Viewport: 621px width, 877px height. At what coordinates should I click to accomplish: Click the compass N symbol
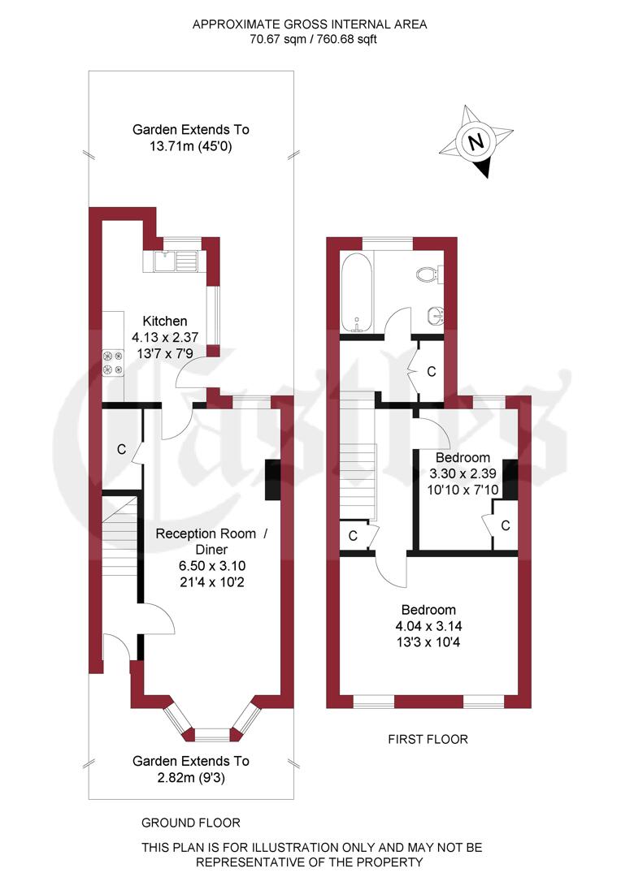click(477, 141)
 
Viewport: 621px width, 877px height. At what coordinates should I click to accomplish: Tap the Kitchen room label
click(165, 321)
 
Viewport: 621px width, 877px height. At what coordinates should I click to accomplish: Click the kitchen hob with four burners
click(113, 362)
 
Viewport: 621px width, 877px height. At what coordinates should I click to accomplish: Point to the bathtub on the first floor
click(357, 292)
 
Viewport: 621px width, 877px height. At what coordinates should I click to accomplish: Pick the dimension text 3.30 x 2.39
click(462, 473)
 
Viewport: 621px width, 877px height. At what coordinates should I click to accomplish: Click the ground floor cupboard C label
click(121, 449)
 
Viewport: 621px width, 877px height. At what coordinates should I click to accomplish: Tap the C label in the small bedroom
click(505, 526)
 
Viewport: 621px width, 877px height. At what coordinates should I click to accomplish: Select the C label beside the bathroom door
click(432, 372)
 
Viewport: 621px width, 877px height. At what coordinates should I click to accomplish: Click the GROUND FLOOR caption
click(191, 823)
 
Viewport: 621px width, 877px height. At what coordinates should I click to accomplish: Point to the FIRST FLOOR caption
click(428, 739)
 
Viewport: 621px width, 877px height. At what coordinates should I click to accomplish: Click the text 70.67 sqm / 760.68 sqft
click(309, 39)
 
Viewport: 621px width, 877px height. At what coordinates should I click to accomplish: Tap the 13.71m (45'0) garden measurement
click(191, 146)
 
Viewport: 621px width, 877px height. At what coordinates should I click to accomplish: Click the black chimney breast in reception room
click(272, 481)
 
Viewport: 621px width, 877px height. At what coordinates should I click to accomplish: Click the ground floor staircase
click(119, 536)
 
